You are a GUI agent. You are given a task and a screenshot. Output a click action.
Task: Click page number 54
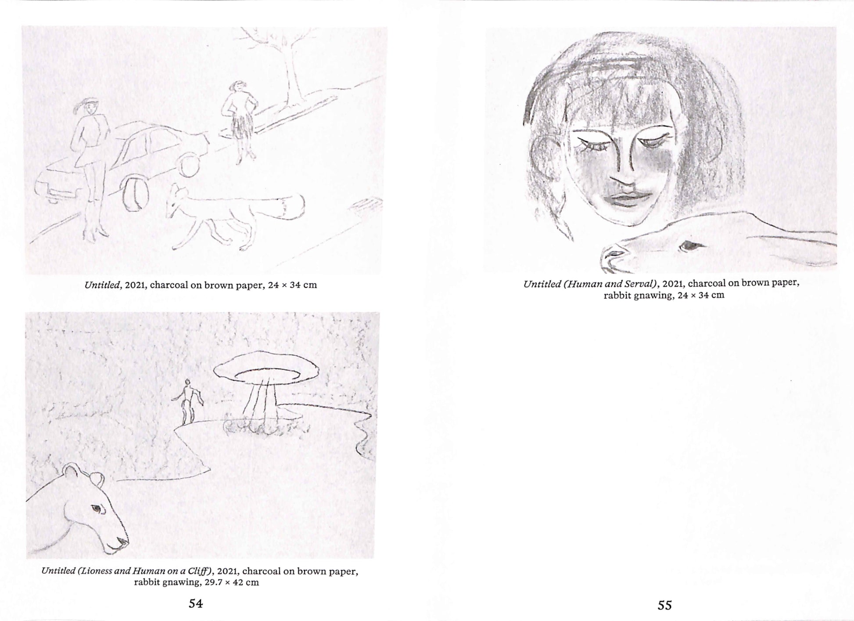(x=196, y=603)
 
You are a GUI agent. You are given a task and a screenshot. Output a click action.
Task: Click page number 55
(x=664, y=606)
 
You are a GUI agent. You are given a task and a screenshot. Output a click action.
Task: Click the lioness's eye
(x=96, y=509)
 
